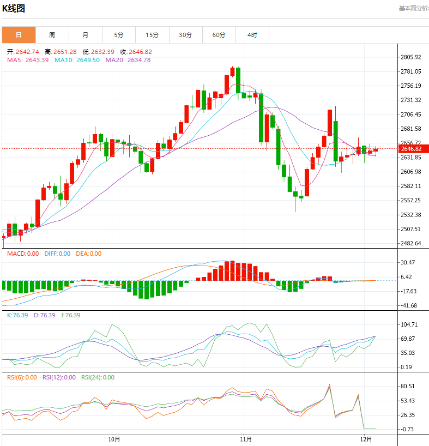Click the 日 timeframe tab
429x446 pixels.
[x=19, y=35]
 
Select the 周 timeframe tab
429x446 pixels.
[x=52, y=35]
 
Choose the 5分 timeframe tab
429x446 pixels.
[x=119, y=35]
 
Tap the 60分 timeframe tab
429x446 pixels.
[x=219, y=35]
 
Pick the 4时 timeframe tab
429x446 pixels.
[x=252, y=35]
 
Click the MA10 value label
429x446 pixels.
[x=77, y=60]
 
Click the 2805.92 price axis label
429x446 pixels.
[x=410, y=57]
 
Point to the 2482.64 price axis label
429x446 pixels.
[x=410, y=243]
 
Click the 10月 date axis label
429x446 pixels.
[x=114, y=439]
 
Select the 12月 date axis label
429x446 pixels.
[x=366, y=439]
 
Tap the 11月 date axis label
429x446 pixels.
[x=246, y=439]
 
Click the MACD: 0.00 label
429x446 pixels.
[x=23, y=254]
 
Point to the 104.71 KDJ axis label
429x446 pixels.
[x=409, y=324]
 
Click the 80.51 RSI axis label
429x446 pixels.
[x=408, y=387]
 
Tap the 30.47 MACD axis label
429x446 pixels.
[x=408, y=263]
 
